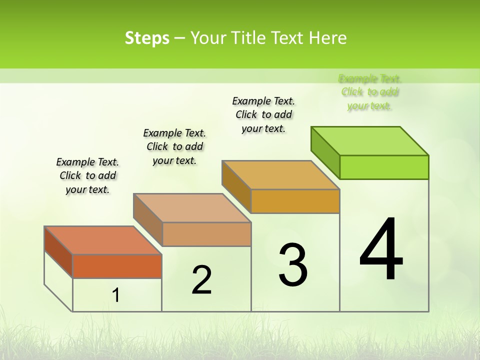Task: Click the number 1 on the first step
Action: [116, 295]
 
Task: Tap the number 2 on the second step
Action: [201, 279]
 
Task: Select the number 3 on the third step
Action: [293, 265]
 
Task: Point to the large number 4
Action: [381, 250]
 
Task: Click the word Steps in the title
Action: [147, 38]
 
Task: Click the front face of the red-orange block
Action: [117, 266]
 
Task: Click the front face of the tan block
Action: [206, 234]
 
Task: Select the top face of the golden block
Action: [280, 175]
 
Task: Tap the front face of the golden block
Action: [295, 201]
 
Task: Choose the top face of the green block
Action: [370, 141]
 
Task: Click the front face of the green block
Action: [384, 167]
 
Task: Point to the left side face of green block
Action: [325, 153]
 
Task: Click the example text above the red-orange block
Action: [87, 175]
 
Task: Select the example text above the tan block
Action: [174, 146]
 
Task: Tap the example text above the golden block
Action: [263, 114]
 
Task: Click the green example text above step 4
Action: [370, 92]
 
